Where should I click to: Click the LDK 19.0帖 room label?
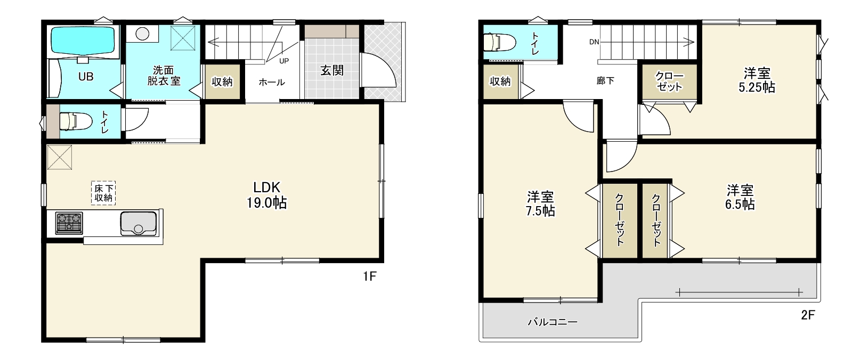click(x=266, y=195)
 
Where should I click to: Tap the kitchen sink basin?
click(x=139, y=223)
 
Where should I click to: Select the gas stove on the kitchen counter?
click(x=69, y=223)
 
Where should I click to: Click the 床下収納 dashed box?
click(x=103, y=193)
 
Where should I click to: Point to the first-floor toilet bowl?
click(x=76, y=121)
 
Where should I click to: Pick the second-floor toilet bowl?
click(x=499, y=42)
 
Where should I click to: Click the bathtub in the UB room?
click(x=83, y=41)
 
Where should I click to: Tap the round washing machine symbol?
click(x=143, y=34)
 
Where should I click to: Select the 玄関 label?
click(x=332, y=70)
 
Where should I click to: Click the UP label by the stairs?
click(x=284, y=61)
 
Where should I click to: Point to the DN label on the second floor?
click(x=594, y=42)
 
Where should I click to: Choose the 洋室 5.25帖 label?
click(x=757, y=80)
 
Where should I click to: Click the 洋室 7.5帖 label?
click(x=540, y=203)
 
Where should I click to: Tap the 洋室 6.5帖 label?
click(x=740, y=198)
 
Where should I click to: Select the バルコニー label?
click(x=553, y=322)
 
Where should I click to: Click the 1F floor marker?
click(x=370, y=276)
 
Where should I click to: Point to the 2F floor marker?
click(x=808, y=315)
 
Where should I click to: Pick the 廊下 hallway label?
click(x=605, y=80)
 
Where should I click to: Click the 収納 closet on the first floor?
click(x=222, y=81)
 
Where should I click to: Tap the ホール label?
click(x=272, y=82)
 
